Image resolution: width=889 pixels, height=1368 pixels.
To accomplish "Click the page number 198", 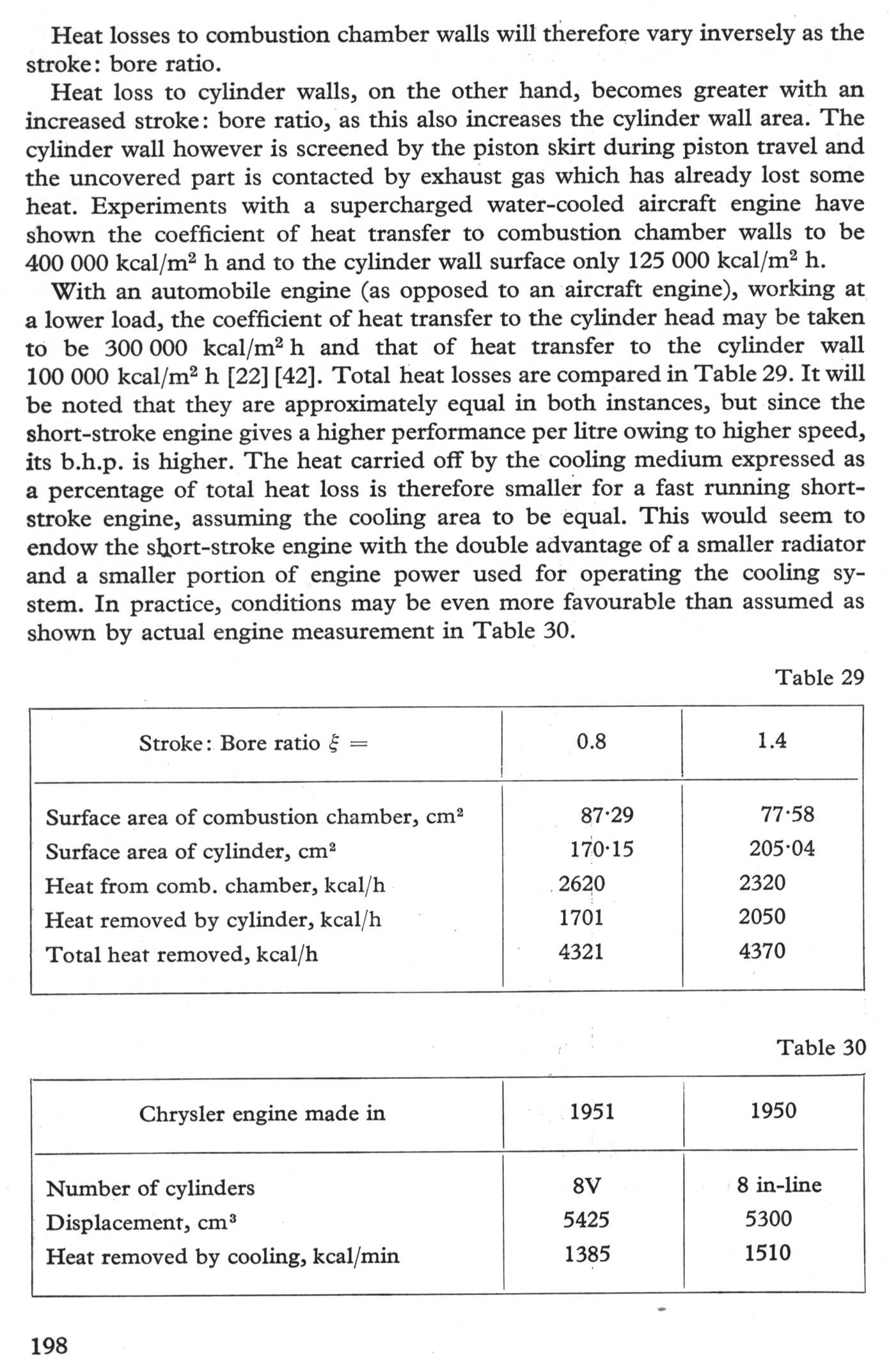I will (x=49, y=1346).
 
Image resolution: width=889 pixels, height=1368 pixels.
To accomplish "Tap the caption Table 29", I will (x=820, y=677).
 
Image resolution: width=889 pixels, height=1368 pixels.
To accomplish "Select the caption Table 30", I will (x=821, y=1047).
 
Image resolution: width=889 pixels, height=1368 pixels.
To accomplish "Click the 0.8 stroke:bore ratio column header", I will (x=591, y=742).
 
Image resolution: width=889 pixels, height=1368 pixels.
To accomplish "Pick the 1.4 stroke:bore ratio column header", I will (x=772, y=741).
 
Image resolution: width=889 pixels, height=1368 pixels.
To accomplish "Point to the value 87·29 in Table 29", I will (x=607, y=815).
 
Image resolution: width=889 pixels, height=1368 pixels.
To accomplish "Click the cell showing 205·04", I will (x=782, y=849).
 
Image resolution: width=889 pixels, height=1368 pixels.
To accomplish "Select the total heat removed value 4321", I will (x=581, y=952).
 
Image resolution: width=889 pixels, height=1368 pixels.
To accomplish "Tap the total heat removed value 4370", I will (x=762, y=951).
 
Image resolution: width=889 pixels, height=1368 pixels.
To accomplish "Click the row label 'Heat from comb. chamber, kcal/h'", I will (x=215, y=885).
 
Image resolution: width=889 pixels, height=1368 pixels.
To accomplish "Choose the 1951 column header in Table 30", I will (x=592, y=1112).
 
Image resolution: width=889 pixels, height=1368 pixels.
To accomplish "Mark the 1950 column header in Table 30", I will (x=773, y=1110).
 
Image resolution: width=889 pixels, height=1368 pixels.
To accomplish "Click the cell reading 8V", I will (x=586, y=1186).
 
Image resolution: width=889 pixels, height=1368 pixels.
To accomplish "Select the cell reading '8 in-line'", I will (x=779, y=1185).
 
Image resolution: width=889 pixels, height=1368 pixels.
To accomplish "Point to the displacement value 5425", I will (x=586, y=1220).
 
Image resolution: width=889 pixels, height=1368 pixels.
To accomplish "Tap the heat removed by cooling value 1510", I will (x=767, y=1253).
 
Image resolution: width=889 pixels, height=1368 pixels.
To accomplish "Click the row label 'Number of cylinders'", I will (x=150, y=1188).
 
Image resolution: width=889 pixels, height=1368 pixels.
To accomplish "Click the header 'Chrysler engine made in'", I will (x=262, y=1114).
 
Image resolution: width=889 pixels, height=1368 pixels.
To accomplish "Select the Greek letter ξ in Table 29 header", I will (x=333, y=743).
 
